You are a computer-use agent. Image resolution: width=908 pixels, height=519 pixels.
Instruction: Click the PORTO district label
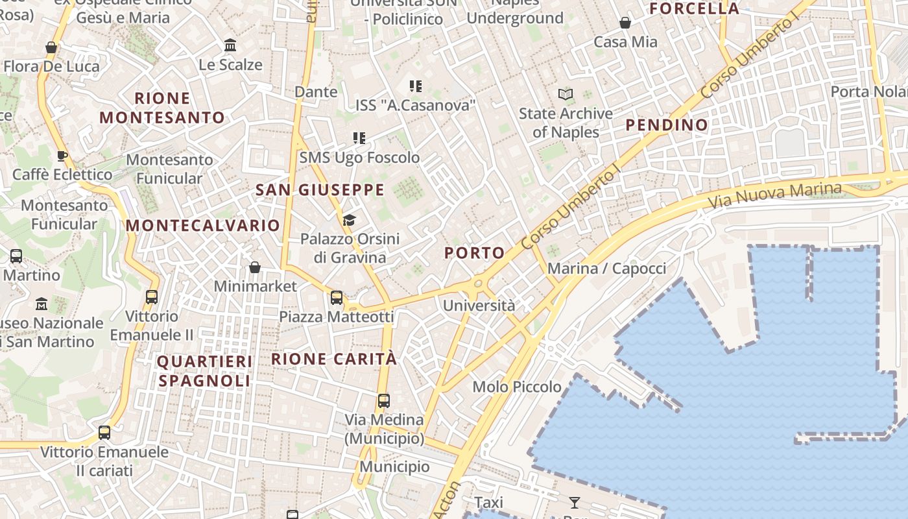475,253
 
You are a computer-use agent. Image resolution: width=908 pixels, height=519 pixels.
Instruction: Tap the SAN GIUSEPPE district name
320,189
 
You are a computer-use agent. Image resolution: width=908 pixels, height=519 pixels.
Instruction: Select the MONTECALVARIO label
203,225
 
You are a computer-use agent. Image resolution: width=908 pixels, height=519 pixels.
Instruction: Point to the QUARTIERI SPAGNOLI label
204,370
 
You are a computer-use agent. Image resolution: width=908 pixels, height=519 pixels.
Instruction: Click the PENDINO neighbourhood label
667,125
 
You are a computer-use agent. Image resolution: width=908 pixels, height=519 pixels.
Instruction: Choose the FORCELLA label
694,8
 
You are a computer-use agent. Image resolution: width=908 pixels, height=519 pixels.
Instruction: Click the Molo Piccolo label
517,387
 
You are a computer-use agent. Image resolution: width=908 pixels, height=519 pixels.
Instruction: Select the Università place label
479,305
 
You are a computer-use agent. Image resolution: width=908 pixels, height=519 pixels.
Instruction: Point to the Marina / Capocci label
606,268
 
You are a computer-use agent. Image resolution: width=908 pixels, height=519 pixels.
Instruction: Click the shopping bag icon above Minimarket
255,267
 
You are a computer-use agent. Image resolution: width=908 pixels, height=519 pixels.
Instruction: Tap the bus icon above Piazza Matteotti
337,298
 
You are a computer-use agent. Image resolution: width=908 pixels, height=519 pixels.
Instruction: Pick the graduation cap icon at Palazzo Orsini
350,220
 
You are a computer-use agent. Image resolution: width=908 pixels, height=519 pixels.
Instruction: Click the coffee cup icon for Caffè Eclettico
62,156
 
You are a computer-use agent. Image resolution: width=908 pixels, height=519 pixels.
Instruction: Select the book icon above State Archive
566,95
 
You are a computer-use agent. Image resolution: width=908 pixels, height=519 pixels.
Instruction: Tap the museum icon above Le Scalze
230,45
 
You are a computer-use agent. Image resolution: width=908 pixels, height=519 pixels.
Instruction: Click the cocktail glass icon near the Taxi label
575,501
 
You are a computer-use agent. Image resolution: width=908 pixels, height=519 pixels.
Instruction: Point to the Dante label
316,91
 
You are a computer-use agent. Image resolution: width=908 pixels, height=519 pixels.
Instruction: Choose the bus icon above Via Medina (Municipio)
384,401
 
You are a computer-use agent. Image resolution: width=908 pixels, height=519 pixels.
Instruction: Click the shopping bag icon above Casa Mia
625,23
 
